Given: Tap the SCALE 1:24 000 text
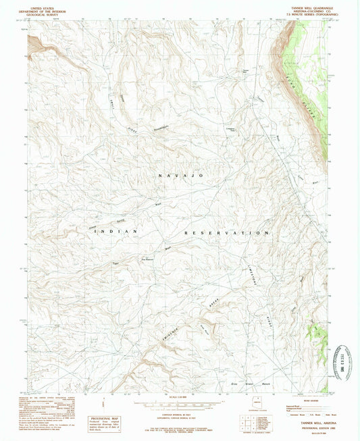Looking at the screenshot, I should (180, 395).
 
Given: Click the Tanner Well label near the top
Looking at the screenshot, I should (246, 70).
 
